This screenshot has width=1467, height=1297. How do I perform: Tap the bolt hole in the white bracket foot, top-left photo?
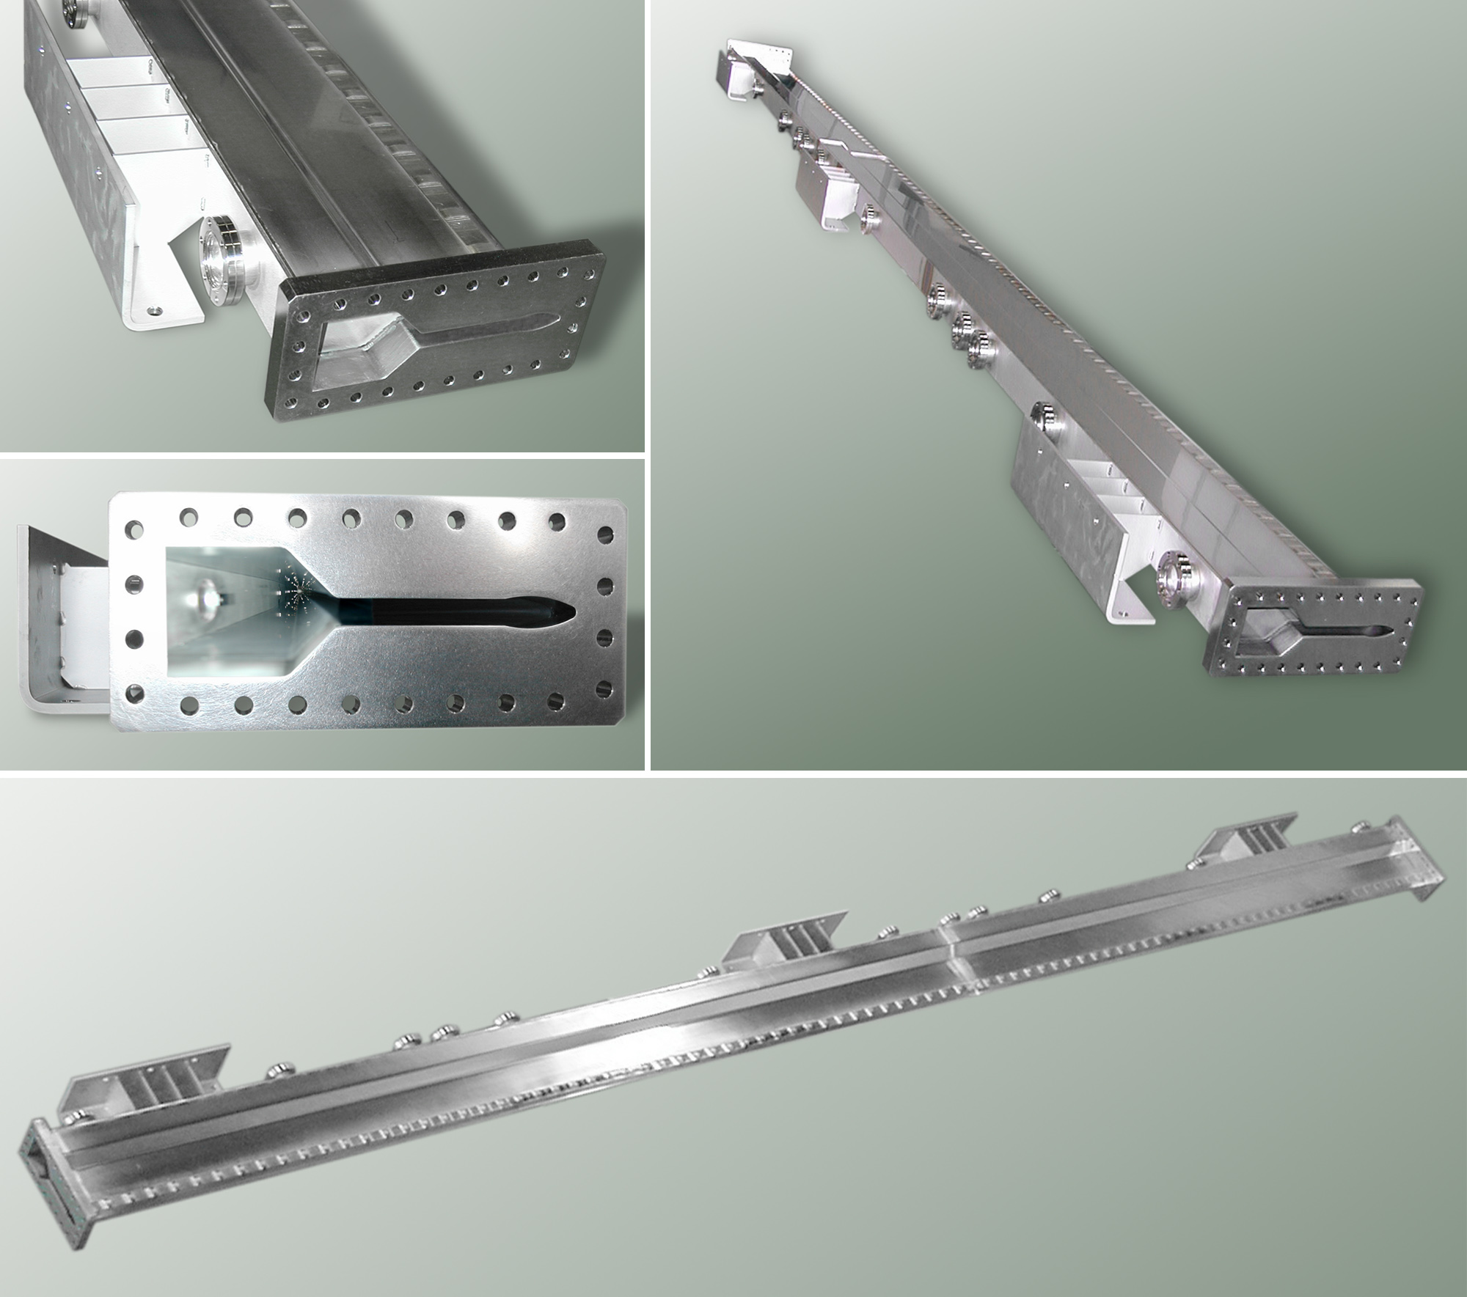pos(153,310)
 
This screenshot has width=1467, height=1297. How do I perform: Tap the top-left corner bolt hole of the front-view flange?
pos(134,527)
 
